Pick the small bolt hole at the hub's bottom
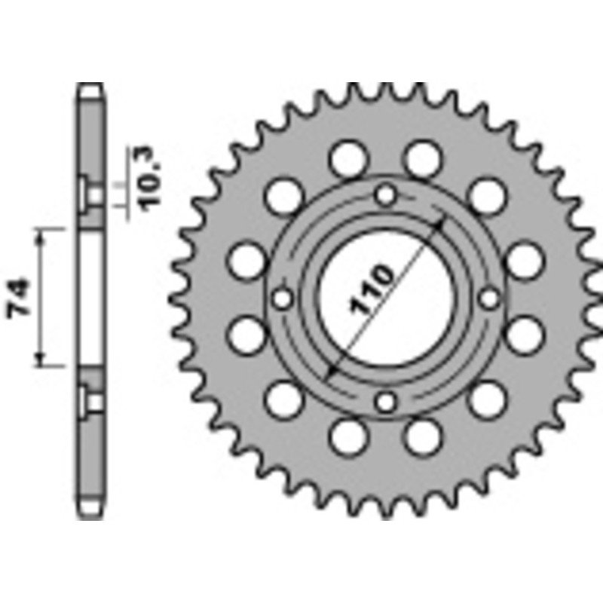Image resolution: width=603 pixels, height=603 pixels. [387, 402]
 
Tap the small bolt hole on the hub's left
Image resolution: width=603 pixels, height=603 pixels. [283, 299]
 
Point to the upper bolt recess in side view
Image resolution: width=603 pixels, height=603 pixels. [95, 195]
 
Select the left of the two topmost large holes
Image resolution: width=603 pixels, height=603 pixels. [348, 159]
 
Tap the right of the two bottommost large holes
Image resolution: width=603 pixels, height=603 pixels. [422, 436]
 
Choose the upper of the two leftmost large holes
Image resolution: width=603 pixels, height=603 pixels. [247, 261]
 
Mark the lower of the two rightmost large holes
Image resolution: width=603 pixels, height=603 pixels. [525, 335]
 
